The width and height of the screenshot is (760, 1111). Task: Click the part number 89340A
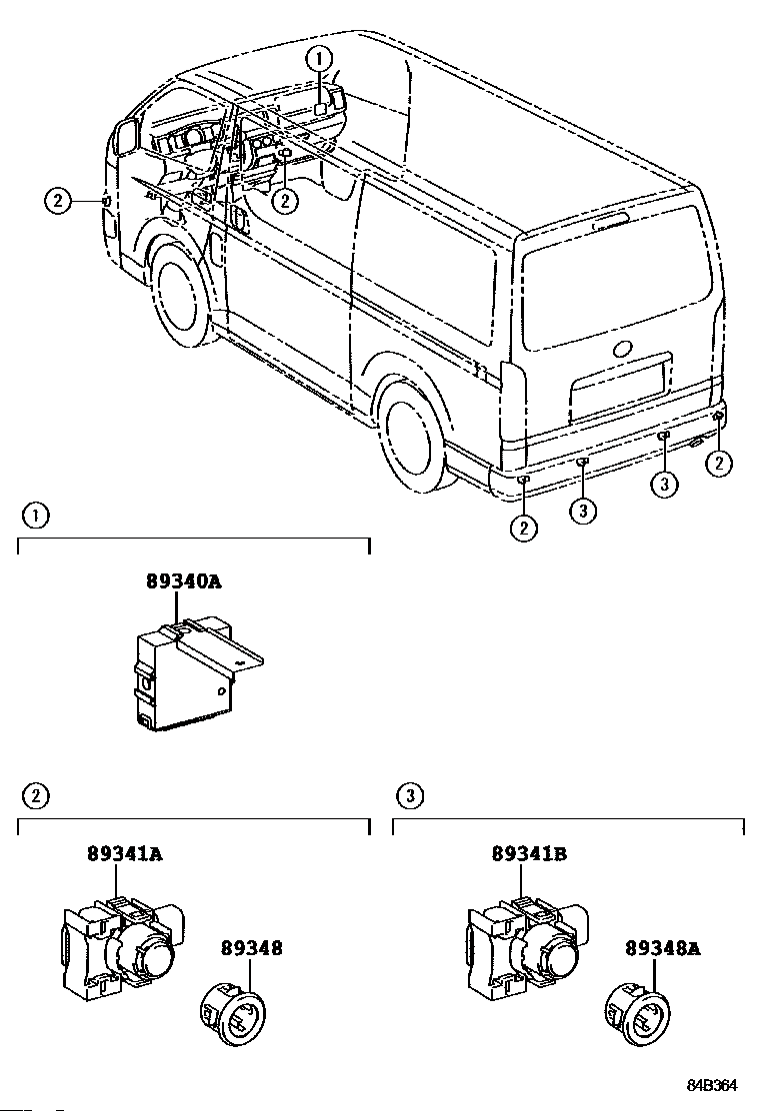tap(184, 581)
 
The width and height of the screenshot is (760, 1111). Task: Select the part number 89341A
tap(125, 854)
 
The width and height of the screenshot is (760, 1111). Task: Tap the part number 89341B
tap(529, 854)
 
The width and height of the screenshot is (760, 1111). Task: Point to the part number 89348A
tap(663, 948)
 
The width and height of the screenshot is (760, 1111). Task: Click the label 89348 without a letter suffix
tap(252, 948)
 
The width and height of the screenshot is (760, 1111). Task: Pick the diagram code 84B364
tap(711, 1085)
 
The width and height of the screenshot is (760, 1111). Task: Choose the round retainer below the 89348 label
tap(233, 1013)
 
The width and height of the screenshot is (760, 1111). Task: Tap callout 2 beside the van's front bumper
tap(58, 201)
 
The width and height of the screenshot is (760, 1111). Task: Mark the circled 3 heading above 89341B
tap(410, 796)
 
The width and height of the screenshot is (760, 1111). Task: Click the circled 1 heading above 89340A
tap(35, 516)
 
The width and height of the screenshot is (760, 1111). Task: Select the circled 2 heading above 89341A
tap(35, 796)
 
